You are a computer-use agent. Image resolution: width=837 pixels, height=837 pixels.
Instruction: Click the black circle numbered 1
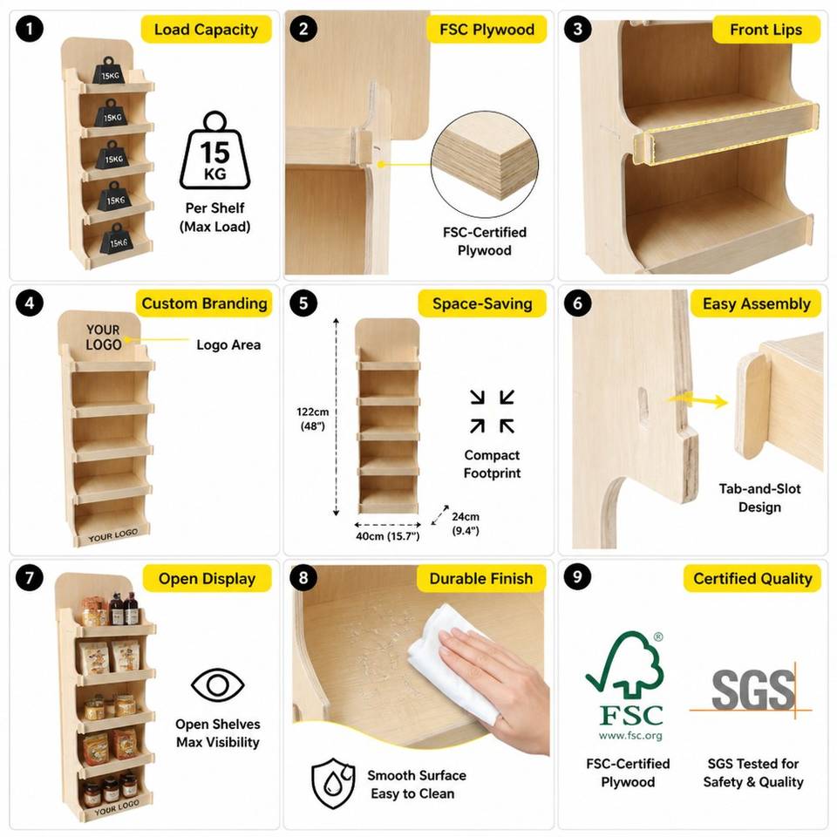click(x=30, y=28)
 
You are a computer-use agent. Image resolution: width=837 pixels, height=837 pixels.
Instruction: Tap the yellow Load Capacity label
click(x=206, y=30)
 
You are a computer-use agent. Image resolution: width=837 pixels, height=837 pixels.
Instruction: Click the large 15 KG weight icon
click(x=215, y=151)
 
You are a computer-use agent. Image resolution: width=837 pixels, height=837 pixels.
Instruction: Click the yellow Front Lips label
click(x=766, y=30)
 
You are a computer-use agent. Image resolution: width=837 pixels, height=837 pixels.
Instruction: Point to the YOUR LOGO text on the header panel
click(x=104, y=337)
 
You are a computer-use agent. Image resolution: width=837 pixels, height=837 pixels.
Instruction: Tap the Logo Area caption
click(x=228, y=345)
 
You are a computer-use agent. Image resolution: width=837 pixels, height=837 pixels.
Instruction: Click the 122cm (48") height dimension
click(x=313, y=418)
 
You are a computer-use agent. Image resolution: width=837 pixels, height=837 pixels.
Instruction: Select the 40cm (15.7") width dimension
click(x=388, y=536)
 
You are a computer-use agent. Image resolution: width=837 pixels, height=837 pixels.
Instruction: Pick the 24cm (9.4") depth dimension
click(x=466, y=523)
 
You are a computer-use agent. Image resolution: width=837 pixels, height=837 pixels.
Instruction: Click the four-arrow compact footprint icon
click(x=492, y=411)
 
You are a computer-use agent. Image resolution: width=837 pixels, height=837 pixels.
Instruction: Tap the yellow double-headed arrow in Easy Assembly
click(x=698, y=399)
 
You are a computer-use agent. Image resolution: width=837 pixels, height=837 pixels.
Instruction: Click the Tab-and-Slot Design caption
click(x=759, y=498)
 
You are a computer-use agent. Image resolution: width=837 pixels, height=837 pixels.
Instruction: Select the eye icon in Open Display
click(x=218, y=684)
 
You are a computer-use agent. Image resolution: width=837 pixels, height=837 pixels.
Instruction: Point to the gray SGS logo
click(x=752, y=690)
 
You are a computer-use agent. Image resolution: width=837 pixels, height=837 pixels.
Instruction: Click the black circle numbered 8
click(x=303, y=577)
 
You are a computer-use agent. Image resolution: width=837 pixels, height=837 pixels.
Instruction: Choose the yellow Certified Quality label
click(x=752, y=579)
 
